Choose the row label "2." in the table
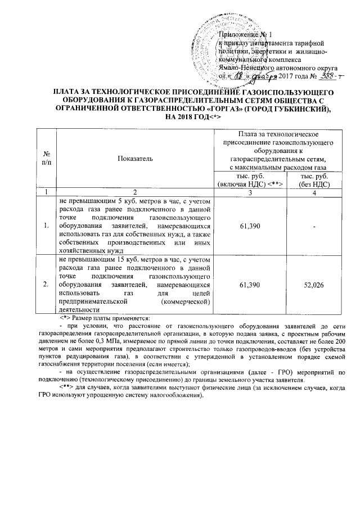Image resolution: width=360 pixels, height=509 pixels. pos(46,286)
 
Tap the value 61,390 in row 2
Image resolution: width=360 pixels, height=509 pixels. pos(249,286)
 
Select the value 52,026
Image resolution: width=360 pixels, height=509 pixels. pos(313,286)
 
